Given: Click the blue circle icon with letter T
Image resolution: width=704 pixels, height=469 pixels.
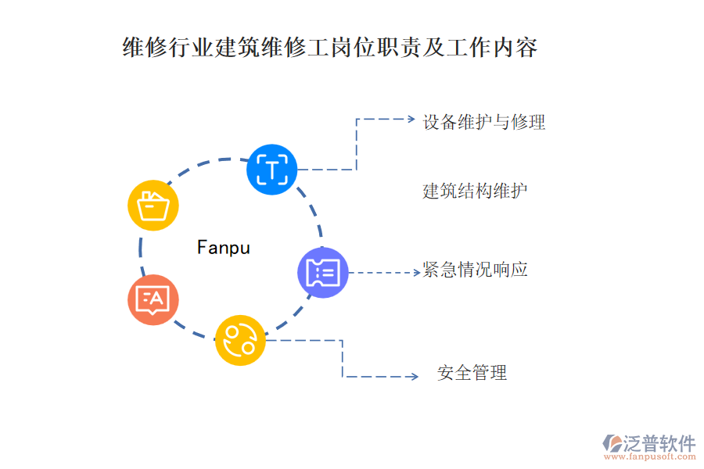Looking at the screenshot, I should pos(272,169).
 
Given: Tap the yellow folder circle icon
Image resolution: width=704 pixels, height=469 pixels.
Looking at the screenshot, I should pos(153,206).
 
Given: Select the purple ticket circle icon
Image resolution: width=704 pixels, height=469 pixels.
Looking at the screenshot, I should pos(322,272).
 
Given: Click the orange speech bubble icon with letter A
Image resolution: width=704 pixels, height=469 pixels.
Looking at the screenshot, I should pos(153,299).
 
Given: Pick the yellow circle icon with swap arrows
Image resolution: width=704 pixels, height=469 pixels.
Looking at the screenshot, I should pos(240,340).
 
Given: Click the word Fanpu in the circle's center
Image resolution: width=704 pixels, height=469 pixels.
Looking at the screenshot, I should pos(224,248).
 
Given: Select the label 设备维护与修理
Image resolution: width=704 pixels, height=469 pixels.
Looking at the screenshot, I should pos(483,122).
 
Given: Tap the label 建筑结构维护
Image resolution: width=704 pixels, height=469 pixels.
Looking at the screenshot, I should pos(475,191).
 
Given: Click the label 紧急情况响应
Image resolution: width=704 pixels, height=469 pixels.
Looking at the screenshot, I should pos(475,270).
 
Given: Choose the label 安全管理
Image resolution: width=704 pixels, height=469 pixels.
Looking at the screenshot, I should pos(472,373).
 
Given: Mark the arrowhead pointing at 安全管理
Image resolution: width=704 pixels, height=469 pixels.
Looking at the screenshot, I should pos(414,377).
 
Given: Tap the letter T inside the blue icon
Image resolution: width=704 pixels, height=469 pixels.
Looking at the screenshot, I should pos(272,169).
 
